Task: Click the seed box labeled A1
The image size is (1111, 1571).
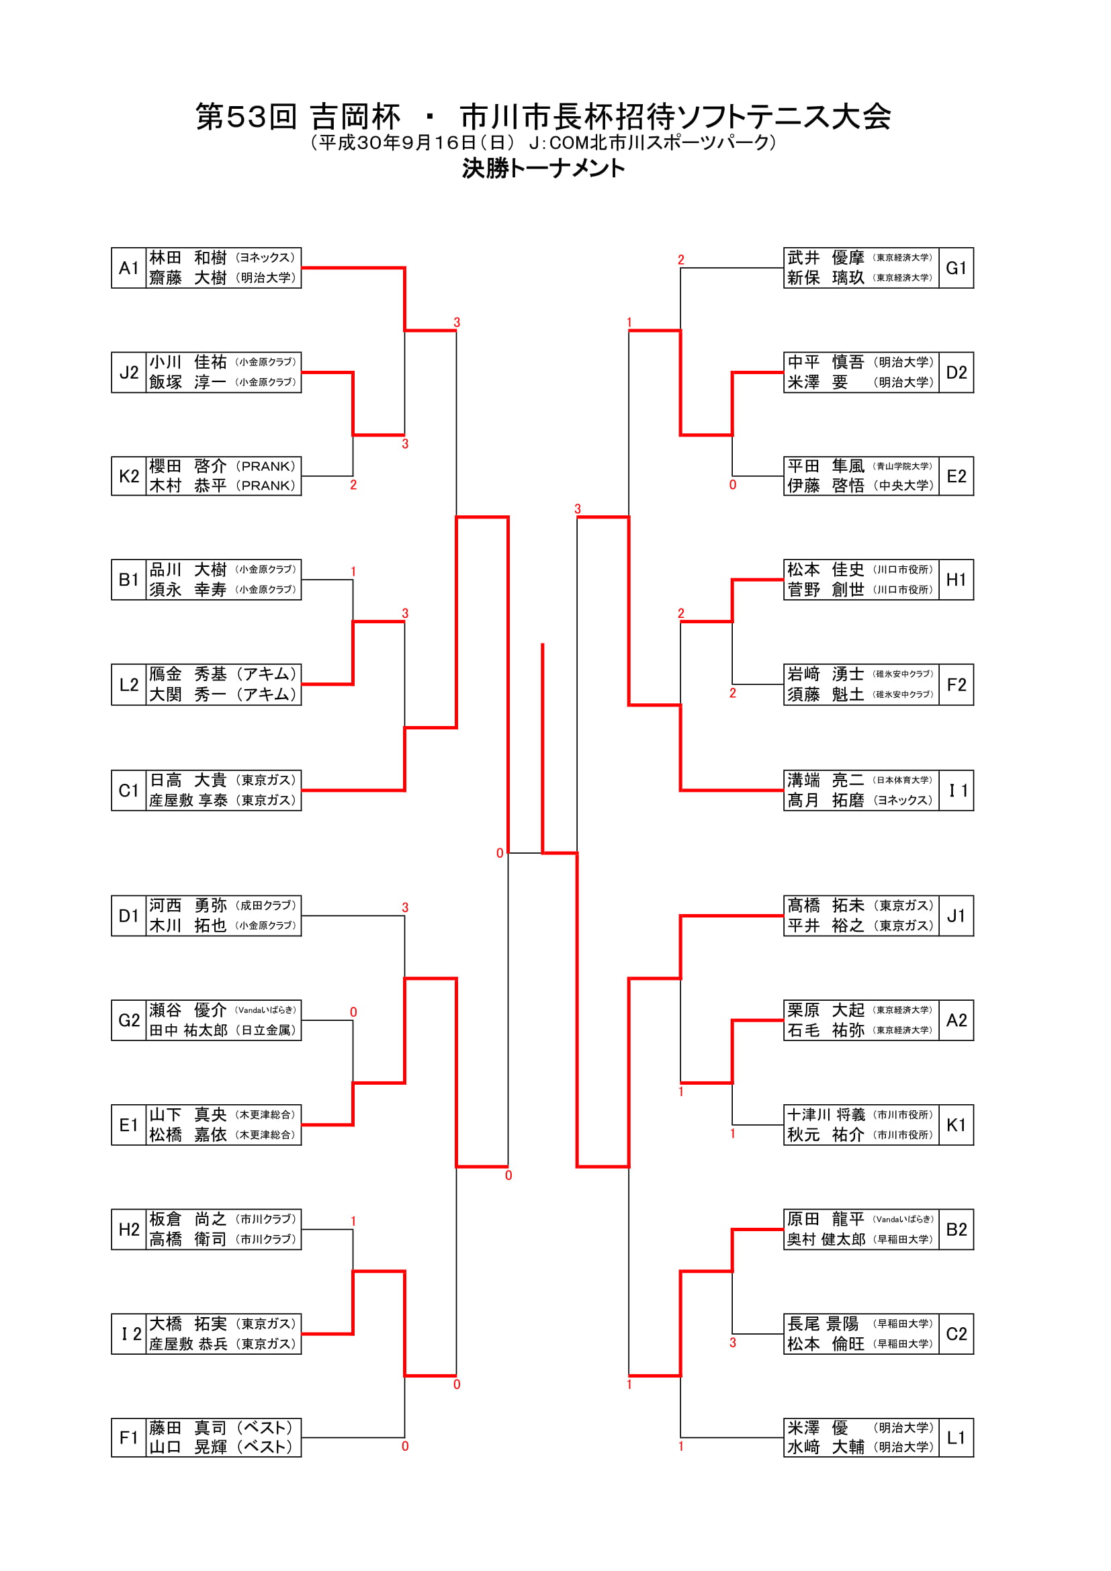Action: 128,267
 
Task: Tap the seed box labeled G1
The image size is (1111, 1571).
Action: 956,267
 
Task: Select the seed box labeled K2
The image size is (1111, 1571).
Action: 128,476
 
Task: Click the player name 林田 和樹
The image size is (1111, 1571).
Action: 187,258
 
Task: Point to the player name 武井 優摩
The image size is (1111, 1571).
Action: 826,258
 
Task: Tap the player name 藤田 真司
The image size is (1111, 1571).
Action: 187,1428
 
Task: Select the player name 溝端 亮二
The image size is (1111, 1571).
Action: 826,780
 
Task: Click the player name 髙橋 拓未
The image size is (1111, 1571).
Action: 826,905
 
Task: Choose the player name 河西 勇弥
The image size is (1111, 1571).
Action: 187,905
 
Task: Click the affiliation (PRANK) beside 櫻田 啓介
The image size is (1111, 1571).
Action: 265,467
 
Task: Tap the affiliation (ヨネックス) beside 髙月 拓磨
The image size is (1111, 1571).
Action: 903,801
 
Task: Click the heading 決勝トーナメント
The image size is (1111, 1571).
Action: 543,169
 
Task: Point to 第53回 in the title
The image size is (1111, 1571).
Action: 246,117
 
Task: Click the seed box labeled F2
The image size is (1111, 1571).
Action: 956,685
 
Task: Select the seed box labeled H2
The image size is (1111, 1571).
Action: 128,1230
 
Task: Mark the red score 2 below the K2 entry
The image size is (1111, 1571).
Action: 353,485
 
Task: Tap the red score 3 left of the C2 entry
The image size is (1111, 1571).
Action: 733,1343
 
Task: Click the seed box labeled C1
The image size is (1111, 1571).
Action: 128,791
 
